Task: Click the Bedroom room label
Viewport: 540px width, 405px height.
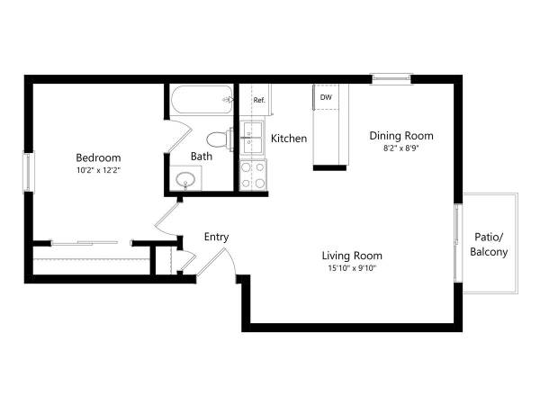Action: pos(98,157)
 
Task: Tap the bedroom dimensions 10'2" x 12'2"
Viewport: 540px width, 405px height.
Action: pos(98,170)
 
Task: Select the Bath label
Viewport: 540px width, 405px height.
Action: pos(202,157)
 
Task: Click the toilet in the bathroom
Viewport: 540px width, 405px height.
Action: pos(220,139)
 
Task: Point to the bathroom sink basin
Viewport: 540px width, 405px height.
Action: pos(185,179)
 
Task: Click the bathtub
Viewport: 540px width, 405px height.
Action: pos(202,100)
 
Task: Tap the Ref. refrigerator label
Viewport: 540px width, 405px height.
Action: pos(259,100)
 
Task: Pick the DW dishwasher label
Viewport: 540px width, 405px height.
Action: pos(326,97)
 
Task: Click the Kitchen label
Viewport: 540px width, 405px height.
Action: pos(289,139)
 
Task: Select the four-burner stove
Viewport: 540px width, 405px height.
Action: pos(253,175)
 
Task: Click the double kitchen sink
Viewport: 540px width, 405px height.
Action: pos(252,138)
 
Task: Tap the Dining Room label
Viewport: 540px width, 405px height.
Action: pos(401,136)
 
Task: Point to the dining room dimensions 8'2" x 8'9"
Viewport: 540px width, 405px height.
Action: pos(401,148)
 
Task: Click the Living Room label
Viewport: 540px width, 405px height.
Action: pos(352,256)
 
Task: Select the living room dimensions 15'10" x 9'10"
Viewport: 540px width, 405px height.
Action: pos(352,268)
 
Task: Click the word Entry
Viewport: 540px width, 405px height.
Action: pos(216,237)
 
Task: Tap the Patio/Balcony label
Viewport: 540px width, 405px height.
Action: pos(489,245)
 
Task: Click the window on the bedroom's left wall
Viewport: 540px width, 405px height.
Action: pos(28,172)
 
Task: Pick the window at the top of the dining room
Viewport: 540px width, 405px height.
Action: pos(391,79)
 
